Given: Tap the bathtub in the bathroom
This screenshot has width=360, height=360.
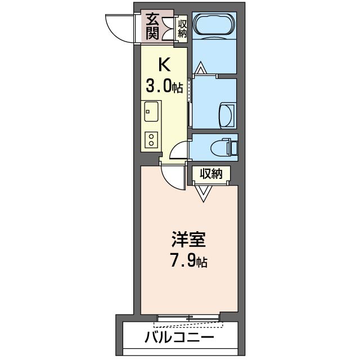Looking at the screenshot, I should pyautogui.click(x=214, y=25).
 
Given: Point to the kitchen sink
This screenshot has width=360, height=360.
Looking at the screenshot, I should pyautogui.click(x=151, y=111).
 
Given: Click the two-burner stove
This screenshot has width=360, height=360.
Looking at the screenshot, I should pyautogui.click(x=151, y=139).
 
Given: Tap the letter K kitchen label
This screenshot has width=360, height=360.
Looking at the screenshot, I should pyautogui.click(x=163, y=64).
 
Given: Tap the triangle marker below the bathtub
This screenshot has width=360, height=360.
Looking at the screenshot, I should pyautogui.click(x=201, y=70).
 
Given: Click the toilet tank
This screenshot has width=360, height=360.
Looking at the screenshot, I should pyautogui.click(x=233, y=147).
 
